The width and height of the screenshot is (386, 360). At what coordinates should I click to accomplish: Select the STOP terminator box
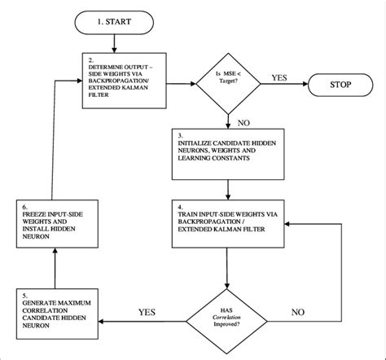336,82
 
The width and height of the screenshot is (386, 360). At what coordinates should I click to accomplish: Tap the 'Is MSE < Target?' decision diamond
228,83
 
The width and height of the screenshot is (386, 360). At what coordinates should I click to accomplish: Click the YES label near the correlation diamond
147,310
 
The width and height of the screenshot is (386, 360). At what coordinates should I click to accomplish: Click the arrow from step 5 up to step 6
55,267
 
